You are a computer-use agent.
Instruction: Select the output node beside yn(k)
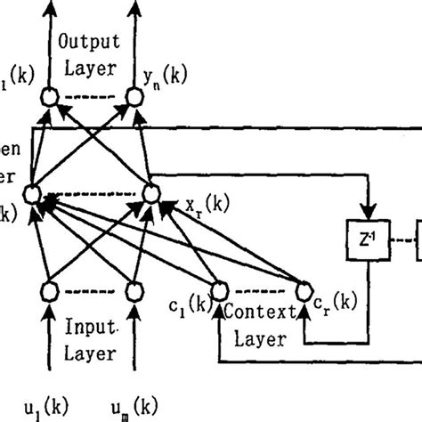pos(134,95)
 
